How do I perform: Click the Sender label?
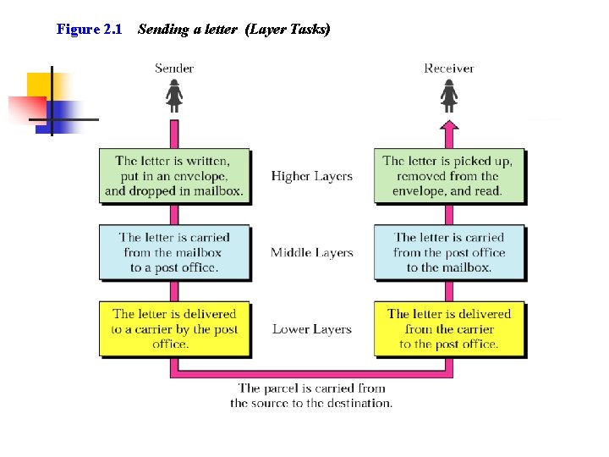click(174, 68)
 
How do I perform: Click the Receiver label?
click(449, 68)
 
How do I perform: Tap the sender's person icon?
click(174, 96)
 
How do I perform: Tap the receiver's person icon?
click(449, 96)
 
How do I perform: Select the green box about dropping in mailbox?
click(174, 176)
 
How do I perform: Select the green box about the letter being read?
click(448, 176)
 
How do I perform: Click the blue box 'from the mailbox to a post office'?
click(174, 252)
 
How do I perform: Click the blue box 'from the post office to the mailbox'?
click(448, 252)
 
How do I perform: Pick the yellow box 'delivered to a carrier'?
click(174, 329)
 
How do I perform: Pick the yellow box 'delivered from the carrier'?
click(448, 329)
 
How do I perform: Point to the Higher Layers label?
click(311, 176)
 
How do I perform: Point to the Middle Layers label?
click(311, 252)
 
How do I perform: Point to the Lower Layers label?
click(311, 329)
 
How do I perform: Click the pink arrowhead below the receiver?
click(449, 127)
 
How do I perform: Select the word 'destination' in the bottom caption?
click(359, 404)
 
